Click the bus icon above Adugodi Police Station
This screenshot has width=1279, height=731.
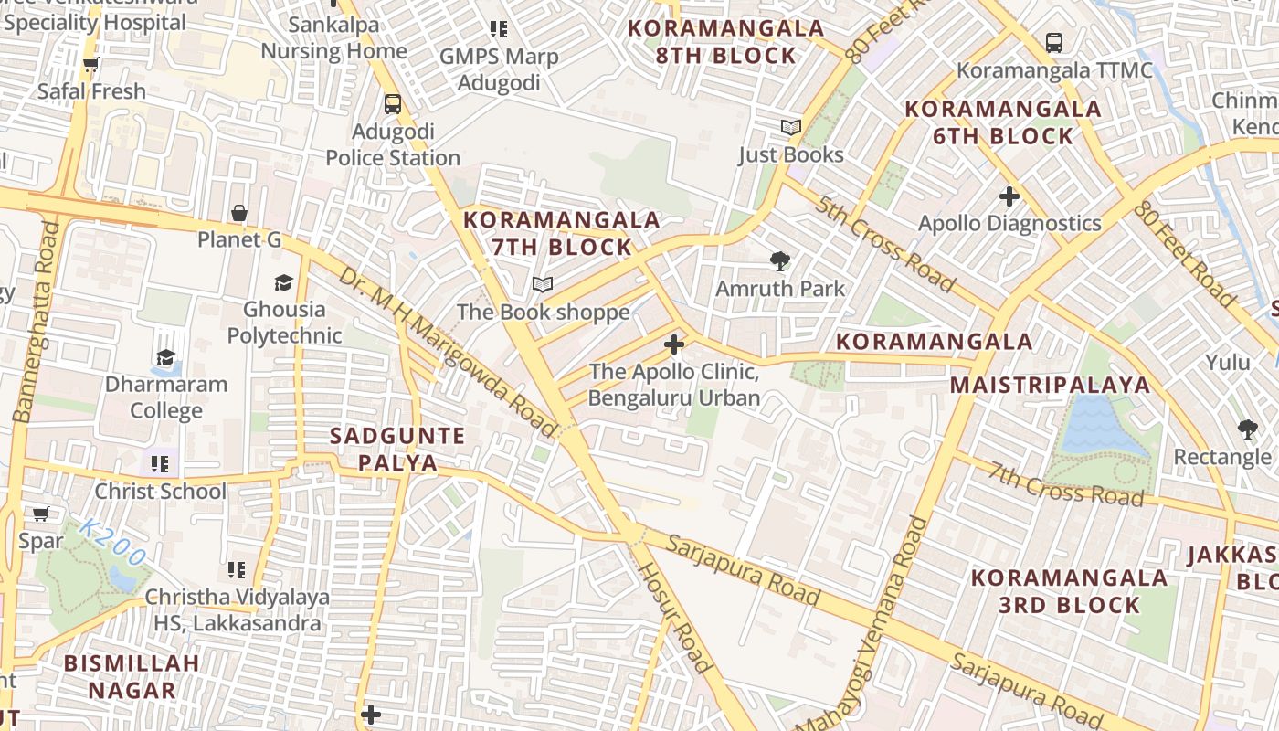393,104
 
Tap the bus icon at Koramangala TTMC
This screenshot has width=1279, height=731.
1054,42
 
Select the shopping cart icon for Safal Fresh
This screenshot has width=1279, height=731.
90,65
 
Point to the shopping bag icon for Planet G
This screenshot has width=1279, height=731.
239,213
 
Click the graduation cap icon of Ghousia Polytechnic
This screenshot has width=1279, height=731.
284,282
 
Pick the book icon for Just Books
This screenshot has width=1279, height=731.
791,128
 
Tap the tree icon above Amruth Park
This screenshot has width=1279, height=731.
780,262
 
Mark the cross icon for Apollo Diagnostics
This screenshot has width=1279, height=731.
1009,196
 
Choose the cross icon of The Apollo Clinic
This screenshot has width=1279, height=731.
674,344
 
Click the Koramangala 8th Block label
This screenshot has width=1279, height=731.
726,42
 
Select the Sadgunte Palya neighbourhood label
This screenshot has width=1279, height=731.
397,449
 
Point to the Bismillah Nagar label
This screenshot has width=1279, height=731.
132,676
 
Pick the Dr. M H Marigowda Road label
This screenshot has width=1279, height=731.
447,351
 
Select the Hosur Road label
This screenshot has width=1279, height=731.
674,617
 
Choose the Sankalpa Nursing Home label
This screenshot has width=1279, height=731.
333,37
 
